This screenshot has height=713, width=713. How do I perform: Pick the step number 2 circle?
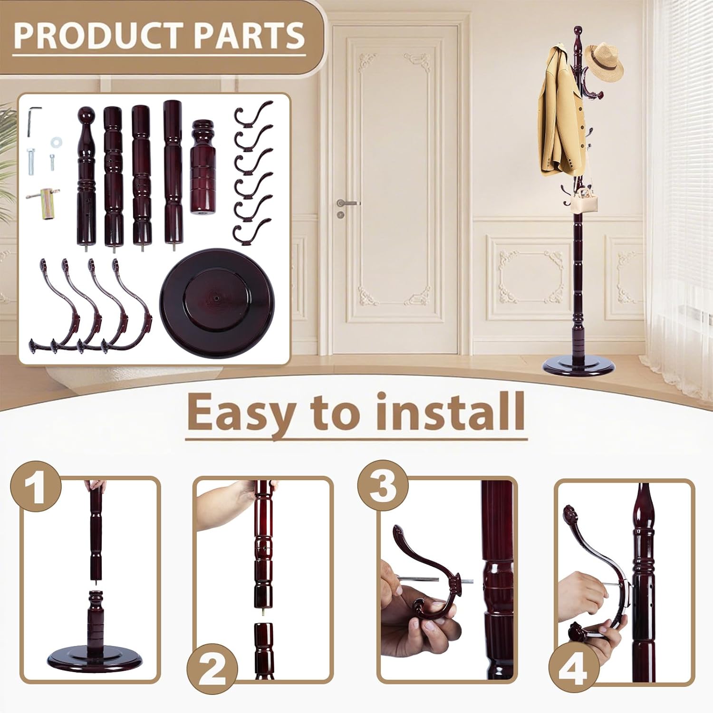[212, 671]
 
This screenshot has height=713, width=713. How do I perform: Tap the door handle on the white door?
[348, 203]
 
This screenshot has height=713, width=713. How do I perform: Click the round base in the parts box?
[218, 299]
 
